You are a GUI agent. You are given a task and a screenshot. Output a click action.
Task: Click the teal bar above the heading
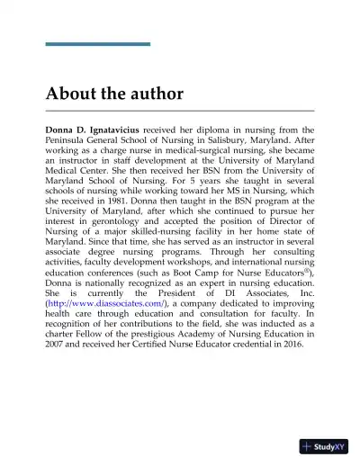coord(98,44)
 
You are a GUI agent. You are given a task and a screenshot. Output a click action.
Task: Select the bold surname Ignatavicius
coord(130,130)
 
